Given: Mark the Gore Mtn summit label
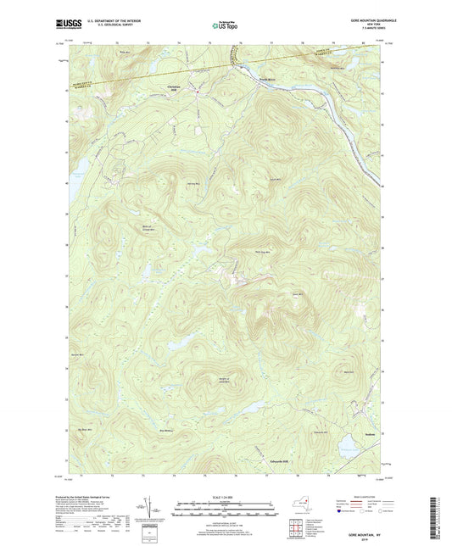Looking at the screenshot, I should [x=297, y=294].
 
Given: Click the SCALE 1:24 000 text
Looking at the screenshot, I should [x=225, y=498].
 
